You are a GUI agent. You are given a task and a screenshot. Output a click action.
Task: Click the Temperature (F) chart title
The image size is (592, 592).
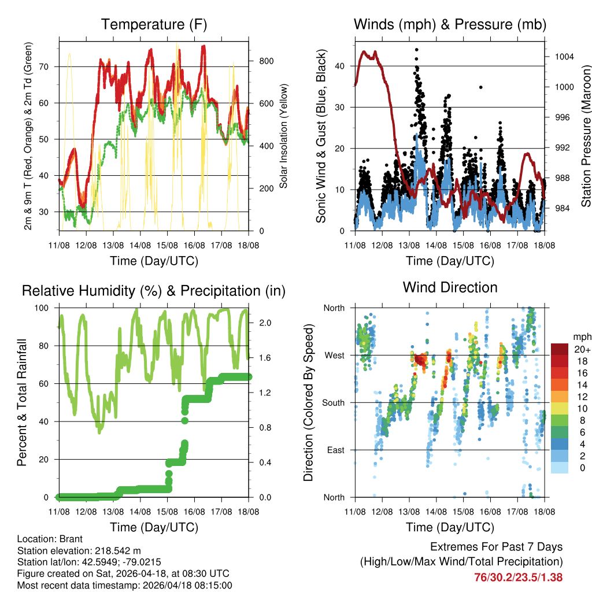pyautogui.click(x=154, y=24)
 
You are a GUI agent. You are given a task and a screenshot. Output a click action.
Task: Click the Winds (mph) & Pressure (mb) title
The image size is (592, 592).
pyautogui.click(x=450, y=24)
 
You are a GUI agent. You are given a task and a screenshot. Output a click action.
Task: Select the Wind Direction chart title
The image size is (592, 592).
pyautogui.click(x=450, y=287)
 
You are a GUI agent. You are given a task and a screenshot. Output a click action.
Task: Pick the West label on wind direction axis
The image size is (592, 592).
pyautogui.click(x=334, y=355)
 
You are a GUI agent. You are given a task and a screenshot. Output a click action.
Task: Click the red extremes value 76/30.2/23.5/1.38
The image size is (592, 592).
pyautogui.click(x=518, y=577)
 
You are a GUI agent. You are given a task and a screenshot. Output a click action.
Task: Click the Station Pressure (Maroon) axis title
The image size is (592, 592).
pyautogui.click(x=585, y=136)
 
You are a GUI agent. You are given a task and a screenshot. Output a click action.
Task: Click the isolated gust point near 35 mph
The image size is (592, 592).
pyautogui.click(x=480, y=87)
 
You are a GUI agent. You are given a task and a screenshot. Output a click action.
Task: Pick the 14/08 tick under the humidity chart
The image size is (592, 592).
pyautogui.click(x=140, y=512)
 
